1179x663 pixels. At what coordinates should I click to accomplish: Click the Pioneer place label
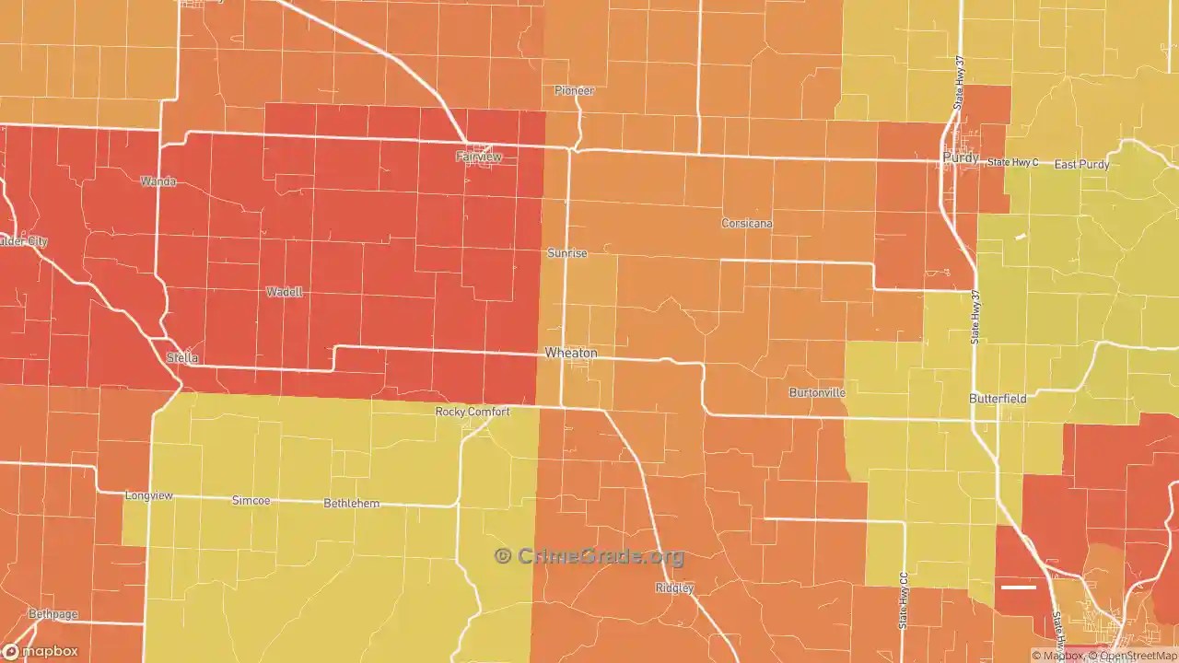click(x=574, y=90)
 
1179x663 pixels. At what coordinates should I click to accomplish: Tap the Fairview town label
click(x=479, y=157)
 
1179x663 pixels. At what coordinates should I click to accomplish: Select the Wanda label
click(x=158, y=181)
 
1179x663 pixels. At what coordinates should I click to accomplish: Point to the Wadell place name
click(x=284, y=292)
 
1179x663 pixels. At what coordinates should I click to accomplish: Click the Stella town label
click(x=182, y=357)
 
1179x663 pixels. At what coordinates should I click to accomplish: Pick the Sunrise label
click(x=566, y=252)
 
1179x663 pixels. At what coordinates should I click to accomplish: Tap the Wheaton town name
click(x=571, y=353)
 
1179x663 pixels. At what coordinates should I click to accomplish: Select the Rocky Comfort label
click(x=472, y=412)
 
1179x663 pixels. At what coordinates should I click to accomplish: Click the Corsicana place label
click(x=747, y=224)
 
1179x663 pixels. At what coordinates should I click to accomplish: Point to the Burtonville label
click(x=817, y=392)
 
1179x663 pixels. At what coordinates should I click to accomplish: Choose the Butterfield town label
click(x=998, y=399)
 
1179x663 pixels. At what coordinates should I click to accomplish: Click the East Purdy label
click(x=1082, y=165)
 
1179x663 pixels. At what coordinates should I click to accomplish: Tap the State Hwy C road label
click(x=1013, y=162)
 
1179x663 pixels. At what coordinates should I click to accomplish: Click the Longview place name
click(x=148, y=495)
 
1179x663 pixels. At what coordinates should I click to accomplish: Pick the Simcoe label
click(x=251, y=500)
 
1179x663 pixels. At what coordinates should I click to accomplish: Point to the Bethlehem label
click(x=351, y=504)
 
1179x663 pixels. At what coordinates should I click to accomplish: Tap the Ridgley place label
click(x=674, y=587)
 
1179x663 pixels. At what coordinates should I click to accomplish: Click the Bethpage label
click(x=53, y=613)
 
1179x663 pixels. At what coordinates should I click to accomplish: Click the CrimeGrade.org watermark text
click(x=589, y=556)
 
